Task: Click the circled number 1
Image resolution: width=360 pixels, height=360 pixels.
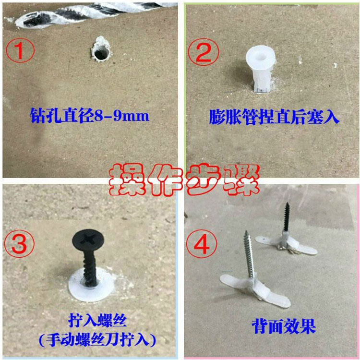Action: tap(20, 50)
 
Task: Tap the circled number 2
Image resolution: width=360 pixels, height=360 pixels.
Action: tap(204, 52)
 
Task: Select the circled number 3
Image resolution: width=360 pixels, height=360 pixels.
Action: tap(19, 243)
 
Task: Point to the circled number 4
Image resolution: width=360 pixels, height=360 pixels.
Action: tap(202, 244)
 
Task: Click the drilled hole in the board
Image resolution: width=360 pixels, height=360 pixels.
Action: tap(101, 53)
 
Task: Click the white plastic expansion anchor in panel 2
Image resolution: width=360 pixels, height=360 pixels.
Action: tap(261, 69)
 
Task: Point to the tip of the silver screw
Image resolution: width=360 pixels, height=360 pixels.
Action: tap(246, 232)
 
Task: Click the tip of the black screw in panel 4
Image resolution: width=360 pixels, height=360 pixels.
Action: tap(287, 203)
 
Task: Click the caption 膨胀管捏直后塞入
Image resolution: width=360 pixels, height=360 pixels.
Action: tap(274, 117)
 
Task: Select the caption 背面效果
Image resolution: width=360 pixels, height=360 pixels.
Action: tap(284, 326)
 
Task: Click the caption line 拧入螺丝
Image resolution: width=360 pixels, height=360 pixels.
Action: tap(97, 320)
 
